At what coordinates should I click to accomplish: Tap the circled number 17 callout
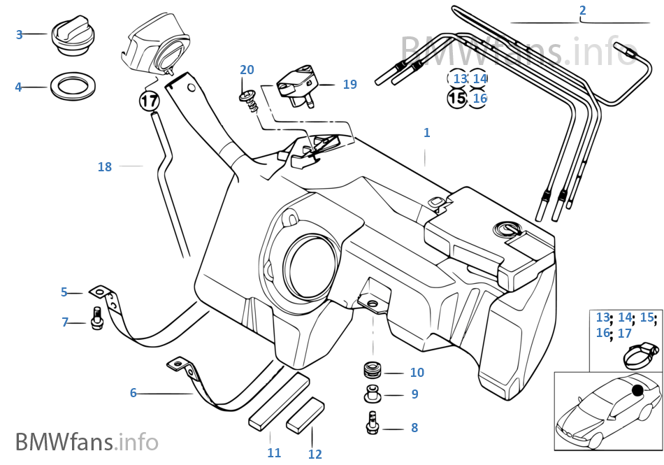tap(149, 101)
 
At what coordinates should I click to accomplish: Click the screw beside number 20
tap(250, 101)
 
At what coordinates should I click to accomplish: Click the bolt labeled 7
tap(97, 318)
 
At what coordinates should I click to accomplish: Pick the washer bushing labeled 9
tap(373, 394)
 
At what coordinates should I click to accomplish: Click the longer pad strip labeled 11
tap(279, 401)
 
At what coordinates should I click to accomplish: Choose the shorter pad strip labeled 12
tap(305, 415)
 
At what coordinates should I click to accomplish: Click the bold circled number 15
tap(457, 99)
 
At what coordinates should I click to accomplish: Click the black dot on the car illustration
tap(637, 389)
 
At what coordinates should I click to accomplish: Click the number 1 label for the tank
tap(427, 133)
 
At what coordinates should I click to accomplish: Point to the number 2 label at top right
tap(583, 10)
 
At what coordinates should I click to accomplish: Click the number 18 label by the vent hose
tap(105, 167)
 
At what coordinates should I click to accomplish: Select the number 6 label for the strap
tap(133, 393)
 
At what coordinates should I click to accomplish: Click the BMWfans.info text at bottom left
tap(87, 441)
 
